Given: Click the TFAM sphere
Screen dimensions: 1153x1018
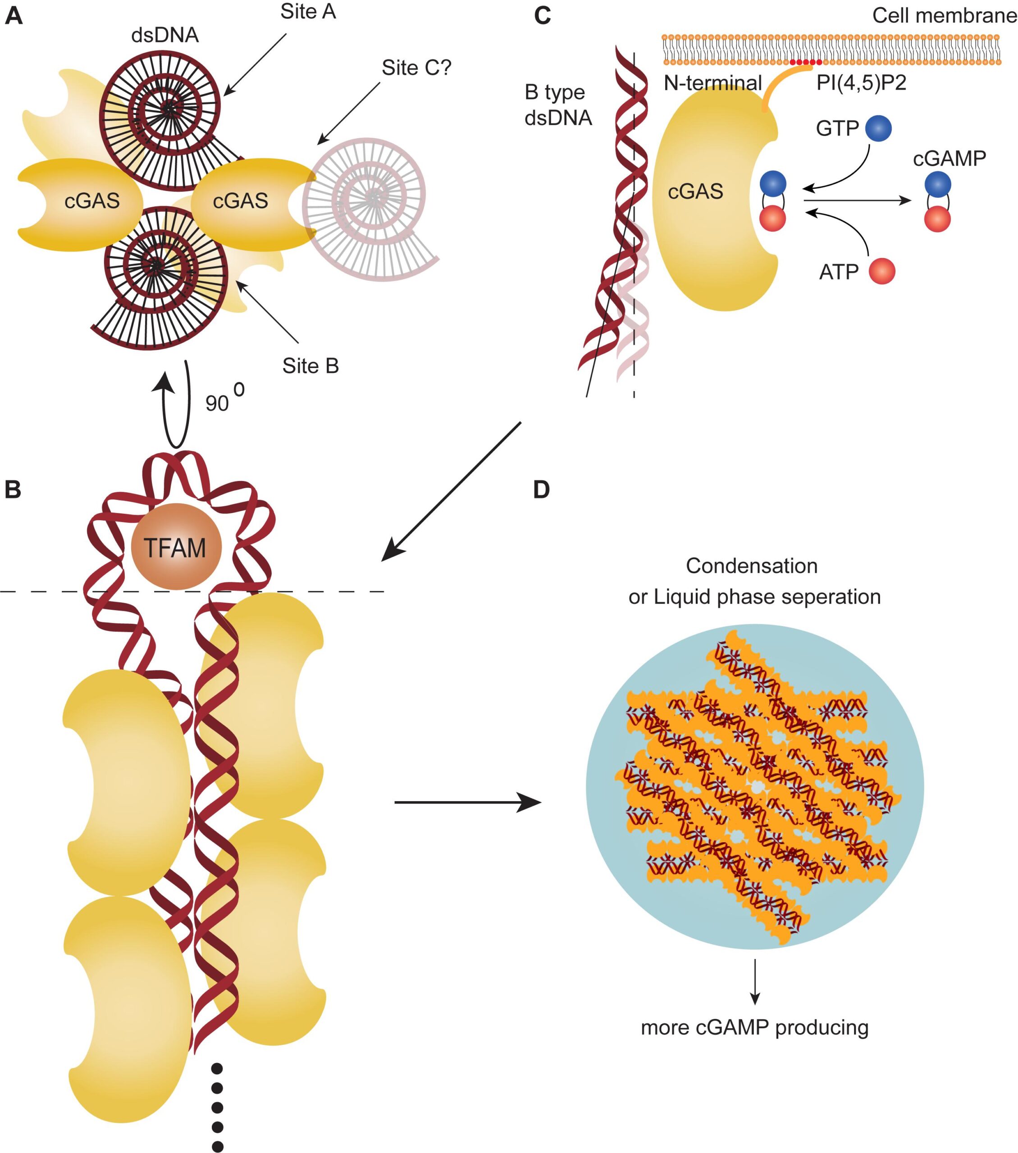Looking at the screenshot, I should (x=176, y=547).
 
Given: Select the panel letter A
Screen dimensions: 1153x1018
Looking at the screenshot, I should (x=14, y=16).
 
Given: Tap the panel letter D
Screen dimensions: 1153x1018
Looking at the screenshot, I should (x=541, y=490).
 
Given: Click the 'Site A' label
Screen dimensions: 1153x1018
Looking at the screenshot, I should (x=308, y=12).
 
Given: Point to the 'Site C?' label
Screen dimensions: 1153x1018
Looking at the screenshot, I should (x=416, y=68).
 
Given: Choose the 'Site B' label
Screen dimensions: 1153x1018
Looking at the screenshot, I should (x=310, y=366).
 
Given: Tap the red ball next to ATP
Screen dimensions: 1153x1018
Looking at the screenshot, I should (x=881, y=271).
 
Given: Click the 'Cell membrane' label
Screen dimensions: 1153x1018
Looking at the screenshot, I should (x=944, y=16).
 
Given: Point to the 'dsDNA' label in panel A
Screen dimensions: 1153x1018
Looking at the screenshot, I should (x=165, y=35).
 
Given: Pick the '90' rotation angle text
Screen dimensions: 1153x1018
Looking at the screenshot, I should (x=217, y=403).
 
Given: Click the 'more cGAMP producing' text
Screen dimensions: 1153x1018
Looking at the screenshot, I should (x=754, y=1027).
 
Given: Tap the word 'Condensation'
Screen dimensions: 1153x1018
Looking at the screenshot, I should (x=751, y=566).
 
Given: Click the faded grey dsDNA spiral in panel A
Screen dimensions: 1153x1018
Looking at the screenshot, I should (x=370, y=209).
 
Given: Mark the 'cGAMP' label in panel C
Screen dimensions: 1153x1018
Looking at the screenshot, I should (x=949, y=159).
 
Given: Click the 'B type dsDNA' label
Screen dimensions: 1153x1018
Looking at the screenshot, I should (x=557, y=105).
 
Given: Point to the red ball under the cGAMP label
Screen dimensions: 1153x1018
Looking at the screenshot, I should (x=937, y=219).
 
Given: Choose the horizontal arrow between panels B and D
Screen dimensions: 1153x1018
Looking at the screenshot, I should (x=467, y=802).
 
